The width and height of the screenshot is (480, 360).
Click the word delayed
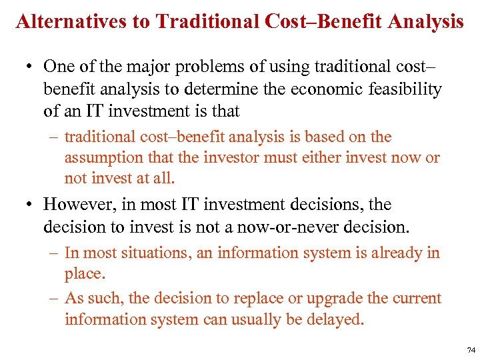click(337, 319)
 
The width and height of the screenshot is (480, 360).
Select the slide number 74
click(471, 349)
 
